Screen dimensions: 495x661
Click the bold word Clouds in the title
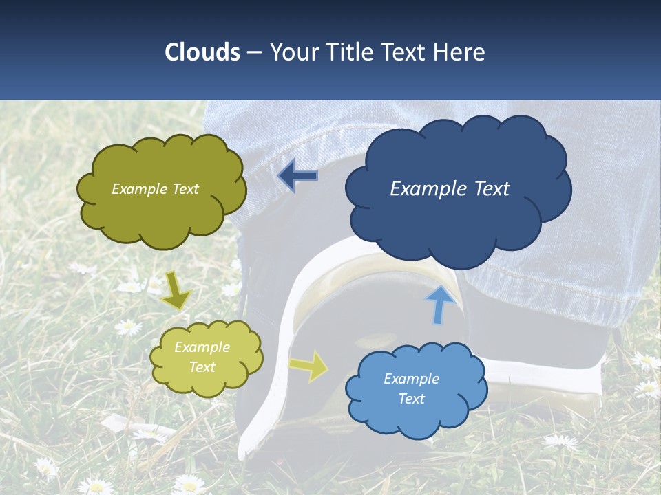(202, 52)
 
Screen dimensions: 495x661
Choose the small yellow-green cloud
(207, 382)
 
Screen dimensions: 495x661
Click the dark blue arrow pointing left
(297, 176)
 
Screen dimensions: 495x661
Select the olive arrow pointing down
(176, 291)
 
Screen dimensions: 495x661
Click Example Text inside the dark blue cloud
(450, 189)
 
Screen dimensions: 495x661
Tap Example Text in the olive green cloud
(155, 189)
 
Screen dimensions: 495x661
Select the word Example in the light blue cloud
(411, 379)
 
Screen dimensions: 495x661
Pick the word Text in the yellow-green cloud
(202, 367)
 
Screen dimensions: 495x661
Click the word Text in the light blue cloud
(411, 399)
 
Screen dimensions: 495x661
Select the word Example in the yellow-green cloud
(202, 347)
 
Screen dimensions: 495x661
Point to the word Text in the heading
(408, 52)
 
